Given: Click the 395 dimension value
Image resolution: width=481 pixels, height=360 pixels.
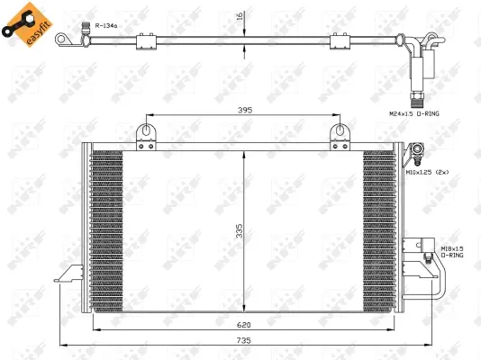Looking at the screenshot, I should pyautogui.click(x=220, y=112).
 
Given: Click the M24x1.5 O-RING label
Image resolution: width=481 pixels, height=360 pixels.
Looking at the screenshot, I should pyautogui.click(x=415, y=114).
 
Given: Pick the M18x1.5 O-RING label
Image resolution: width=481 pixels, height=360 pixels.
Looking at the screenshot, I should pyautogui.click(x=452, y=251).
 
